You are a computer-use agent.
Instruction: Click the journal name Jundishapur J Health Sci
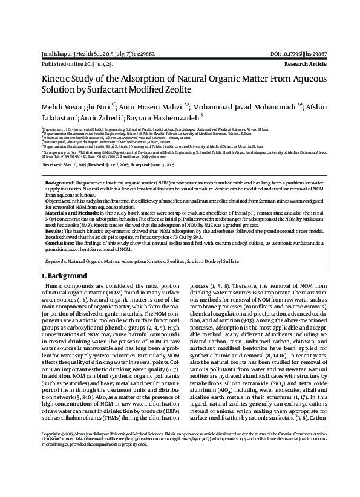pyautogui.click(x=69, y=54)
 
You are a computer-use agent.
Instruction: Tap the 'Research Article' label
pyautogui.click(x=305, y=63)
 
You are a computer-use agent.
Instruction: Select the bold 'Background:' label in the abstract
pyautogui.click(x=59, y=182)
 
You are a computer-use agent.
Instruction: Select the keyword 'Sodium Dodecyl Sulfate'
pyautogui.click(x=245, y=262)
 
